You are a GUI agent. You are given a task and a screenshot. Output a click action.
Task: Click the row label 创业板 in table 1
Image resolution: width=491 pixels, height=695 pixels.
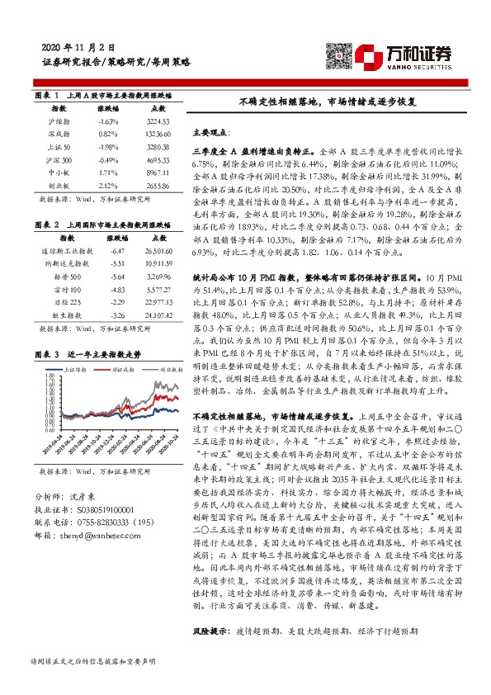click(x=59, y=187)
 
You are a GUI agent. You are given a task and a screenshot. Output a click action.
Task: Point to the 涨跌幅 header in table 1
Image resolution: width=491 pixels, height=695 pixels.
click(x=108, y=108)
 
